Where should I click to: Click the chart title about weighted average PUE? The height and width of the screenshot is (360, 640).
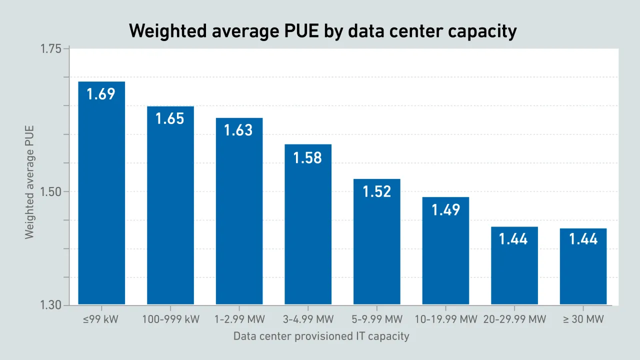click(x=322, y=31)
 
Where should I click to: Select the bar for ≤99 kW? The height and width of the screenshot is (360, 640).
click(x=101, y=200)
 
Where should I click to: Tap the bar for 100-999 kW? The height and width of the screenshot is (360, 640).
click(x=170, y=210)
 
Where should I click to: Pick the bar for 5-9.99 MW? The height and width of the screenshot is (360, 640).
click(x=376, y=245)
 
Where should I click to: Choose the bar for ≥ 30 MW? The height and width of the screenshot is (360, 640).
click(x=583, y=270)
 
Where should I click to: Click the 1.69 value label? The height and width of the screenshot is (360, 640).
click(x=101, y=94)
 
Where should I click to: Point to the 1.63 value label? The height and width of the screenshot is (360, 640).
click(x=238, y=130)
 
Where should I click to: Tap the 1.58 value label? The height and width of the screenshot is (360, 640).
click(x=307, y=158)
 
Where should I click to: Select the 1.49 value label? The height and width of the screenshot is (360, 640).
click(x=445, y=210)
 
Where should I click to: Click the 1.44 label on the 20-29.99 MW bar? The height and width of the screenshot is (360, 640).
click(x=513, y=239)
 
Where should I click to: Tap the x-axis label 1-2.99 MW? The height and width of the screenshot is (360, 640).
click(x=239, y=319)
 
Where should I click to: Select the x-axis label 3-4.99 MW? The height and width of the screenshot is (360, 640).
click(x=308, y=319)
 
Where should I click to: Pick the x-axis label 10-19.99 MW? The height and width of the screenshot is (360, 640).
click(x=445, y=319)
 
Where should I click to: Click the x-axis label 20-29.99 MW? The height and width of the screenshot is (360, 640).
click(x=514, y=319)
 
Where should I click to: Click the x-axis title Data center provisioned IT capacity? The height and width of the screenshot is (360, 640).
click(x=321, y=336)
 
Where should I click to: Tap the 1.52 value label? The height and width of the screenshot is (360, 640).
click(x=376, y=192)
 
